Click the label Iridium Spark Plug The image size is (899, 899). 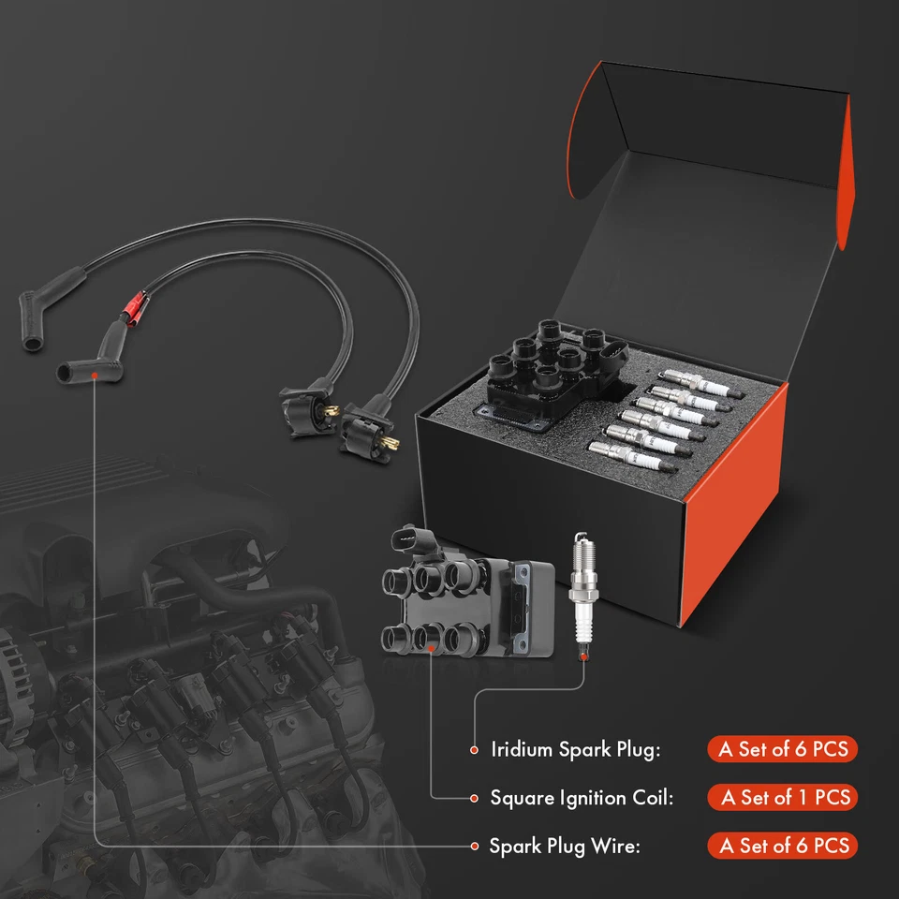tap(576, 749)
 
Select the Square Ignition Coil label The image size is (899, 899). tap(582, 798)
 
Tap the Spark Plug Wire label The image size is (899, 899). tap(564, 847)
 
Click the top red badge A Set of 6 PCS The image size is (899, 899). tap(782, 749)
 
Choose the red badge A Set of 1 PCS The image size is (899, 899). tap(786, 798)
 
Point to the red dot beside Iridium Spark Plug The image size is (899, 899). tap(473, 749)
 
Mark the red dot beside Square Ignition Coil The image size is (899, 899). tap(473, 798)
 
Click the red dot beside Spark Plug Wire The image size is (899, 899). tap(473, 847)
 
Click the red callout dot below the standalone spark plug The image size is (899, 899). tap(584, 657)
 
